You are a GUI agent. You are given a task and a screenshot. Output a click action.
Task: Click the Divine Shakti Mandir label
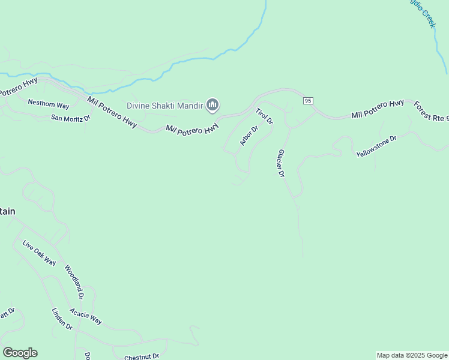(x=164, y=106)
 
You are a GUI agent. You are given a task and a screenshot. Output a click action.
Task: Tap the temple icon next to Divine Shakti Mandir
(x=212, y=106)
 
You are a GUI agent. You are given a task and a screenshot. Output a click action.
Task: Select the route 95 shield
(x=308, y=101)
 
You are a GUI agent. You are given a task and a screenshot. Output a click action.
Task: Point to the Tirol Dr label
(x=264, y=116)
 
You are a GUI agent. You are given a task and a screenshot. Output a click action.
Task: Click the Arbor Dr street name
(x=249, y=136)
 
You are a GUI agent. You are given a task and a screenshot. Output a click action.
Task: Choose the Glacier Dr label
(x=280, y=164)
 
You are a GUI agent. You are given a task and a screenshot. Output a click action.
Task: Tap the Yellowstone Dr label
(x=376, y=146)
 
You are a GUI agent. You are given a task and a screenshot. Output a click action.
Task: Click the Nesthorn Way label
(x=49, y=104)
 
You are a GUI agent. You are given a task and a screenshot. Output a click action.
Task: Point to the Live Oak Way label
(x=39, y=253)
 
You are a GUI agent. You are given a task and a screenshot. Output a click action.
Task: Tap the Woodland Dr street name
(x=74, y=282)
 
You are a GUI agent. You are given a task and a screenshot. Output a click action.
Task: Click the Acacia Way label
(x=85, y=316)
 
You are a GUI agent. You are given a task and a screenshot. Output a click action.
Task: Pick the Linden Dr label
(x=62, y=319)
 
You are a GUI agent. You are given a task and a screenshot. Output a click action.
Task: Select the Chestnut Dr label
(x=142, y=356)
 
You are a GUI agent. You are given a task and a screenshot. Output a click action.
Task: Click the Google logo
(x=20, y=353)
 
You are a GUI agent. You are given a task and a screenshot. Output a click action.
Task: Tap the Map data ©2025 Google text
(x=412, y=355)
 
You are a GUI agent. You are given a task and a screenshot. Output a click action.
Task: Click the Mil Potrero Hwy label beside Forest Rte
(x=378, y=109)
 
